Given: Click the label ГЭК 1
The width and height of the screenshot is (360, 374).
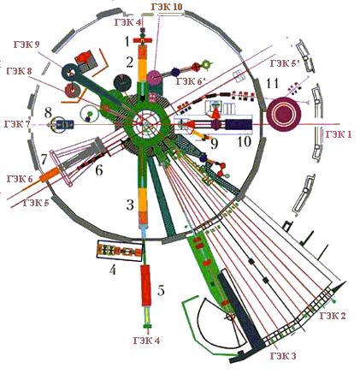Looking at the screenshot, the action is point(339,134).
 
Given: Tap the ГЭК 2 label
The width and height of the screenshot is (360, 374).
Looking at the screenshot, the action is point(333,316).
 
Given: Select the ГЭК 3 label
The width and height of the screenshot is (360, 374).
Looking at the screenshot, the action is point(283,356).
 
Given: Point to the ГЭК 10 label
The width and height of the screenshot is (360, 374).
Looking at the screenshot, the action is point(167,7).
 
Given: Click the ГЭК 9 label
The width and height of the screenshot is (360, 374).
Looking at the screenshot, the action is point(27,45).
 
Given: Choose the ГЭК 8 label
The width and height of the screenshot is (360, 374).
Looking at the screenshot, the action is point(19,71).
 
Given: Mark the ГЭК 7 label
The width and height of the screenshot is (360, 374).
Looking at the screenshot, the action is point(17,124).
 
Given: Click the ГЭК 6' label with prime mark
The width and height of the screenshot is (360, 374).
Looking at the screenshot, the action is point(191,81).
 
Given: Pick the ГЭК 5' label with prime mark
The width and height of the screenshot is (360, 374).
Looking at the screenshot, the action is point(285,63).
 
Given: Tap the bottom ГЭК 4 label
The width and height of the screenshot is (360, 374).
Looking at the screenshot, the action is point(146,341).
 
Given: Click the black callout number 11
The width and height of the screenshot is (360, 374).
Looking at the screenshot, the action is point(273,84).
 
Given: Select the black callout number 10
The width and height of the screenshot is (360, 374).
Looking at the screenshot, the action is point(245,141).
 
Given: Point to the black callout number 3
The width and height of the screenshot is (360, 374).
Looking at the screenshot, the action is point(130,205).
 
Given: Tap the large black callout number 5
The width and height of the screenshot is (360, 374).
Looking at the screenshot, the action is point(161,290).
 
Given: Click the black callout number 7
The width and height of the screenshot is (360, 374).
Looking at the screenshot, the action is point(44,160).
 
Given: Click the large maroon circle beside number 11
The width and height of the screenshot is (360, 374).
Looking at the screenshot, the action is point(284,115).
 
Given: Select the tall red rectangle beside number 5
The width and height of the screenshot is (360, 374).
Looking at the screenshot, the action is point(146,285).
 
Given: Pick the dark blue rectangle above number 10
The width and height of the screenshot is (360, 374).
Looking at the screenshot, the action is point(239,125).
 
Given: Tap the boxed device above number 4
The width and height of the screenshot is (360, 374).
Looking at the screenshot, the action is point(119,251).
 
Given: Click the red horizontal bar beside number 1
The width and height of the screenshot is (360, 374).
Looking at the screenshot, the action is point(143,40).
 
